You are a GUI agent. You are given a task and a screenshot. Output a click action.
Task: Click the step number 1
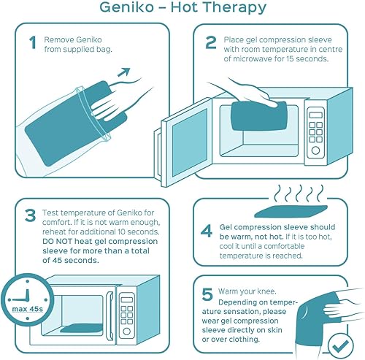coord(32,43)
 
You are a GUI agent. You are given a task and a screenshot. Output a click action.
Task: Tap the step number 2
coord(210,43)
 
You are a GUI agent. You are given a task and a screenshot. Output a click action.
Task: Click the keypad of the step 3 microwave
coord(126,307)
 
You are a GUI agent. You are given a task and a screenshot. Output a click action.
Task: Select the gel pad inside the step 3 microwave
coord(80,324)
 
